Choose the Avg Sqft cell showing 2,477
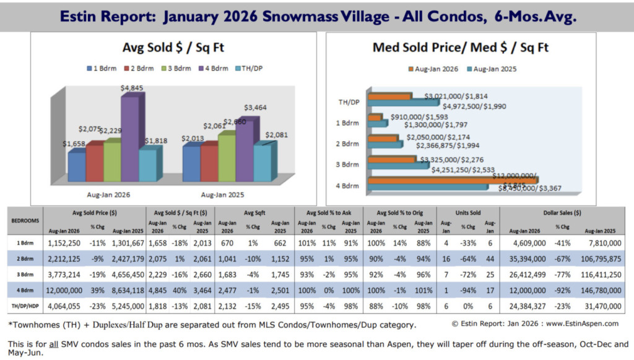(228, 289)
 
